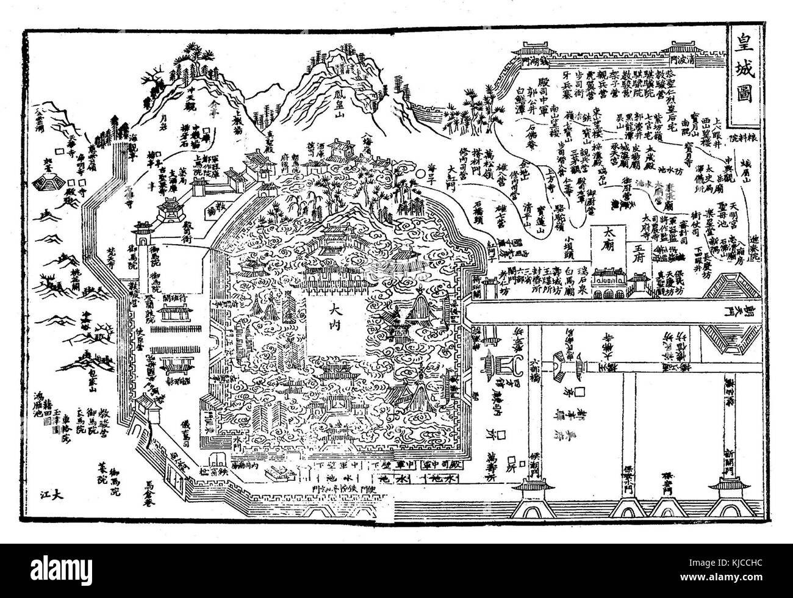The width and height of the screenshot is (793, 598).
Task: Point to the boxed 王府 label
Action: click(x=639, y=250)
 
